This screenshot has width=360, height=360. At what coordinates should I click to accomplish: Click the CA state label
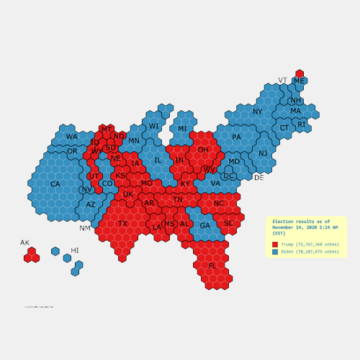tap(55, 184)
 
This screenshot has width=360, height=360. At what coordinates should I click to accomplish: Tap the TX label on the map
tap(122, 224)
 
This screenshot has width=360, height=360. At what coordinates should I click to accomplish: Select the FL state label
tap(212, 266)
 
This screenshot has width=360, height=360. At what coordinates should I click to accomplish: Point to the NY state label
tap(258, 112)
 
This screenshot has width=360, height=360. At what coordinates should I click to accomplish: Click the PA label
tap(236, 138)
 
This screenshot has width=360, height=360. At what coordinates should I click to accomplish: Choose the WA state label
tap(71, 137)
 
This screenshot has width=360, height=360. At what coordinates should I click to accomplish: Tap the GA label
tap(205, 226)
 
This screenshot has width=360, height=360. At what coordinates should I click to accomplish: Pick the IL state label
tap(158, 161)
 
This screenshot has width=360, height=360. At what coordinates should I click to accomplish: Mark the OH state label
tap(203, 150)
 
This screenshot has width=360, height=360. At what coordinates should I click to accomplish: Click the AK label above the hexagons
tap(24, 243)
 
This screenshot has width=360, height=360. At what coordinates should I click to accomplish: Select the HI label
tap(75, 250)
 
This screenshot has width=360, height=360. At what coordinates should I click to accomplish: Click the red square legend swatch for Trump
tap(274, 245)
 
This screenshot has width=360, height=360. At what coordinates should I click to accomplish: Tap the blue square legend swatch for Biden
tap(274, 252)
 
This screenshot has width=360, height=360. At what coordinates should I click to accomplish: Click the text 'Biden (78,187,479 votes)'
tap(310, 252)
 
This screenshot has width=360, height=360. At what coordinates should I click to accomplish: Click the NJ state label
tap(263, 153)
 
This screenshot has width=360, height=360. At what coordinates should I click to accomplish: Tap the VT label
tap(282, 80)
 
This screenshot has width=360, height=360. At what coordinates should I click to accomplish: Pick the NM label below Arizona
tap(85, 228)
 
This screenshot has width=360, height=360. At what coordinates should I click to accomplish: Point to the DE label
tap(258, 177)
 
